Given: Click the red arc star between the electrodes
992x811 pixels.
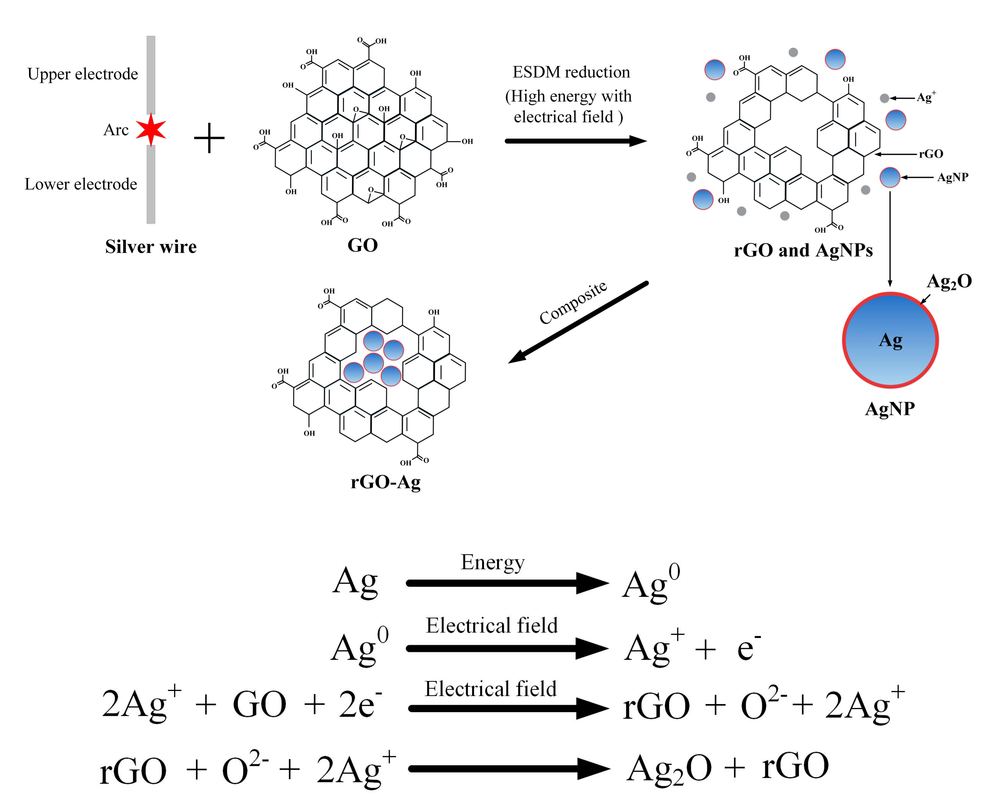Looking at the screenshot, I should pyautogui.click(x=151, y=129).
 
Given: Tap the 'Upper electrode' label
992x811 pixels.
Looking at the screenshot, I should pyautogui.click(x=83, y=74).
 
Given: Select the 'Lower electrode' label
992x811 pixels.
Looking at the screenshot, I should pyautogui.click(x=81, y=184).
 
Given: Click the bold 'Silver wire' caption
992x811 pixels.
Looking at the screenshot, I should pyautogui.click(x=151, y=247).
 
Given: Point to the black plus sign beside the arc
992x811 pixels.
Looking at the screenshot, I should pyautogui.click(x=209, y=138).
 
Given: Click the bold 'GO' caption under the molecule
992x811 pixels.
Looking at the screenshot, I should pyautogui.click(x=362, y=245).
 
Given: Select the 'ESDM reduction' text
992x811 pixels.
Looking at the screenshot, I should pyautogui.click(x=571, y=72).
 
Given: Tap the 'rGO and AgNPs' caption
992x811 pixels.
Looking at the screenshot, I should pyautogui.click(x=803, y=250).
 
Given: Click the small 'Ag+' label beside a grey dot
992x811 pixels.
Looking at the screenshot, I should pyautogui.click(x=926, y=97).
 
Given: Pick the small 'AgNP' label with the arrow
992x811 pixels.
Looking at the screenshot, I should pyautogui.click(x=952, y=177).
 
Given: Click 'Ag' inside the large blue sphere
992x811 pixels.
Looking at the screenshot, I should pyautogui.click(x=890, y=340).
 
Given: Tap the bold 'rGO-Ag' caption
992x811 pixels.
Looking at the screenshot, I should pyautogui.click(x=385, y=482).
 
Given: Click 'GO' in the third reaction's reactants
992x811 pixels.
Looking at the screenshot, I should pyautogui.click(x=259, y=704).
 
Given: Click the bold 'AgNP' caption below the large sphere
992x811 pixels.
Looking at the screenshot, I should pyautogui.click(x=890, y=409).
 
